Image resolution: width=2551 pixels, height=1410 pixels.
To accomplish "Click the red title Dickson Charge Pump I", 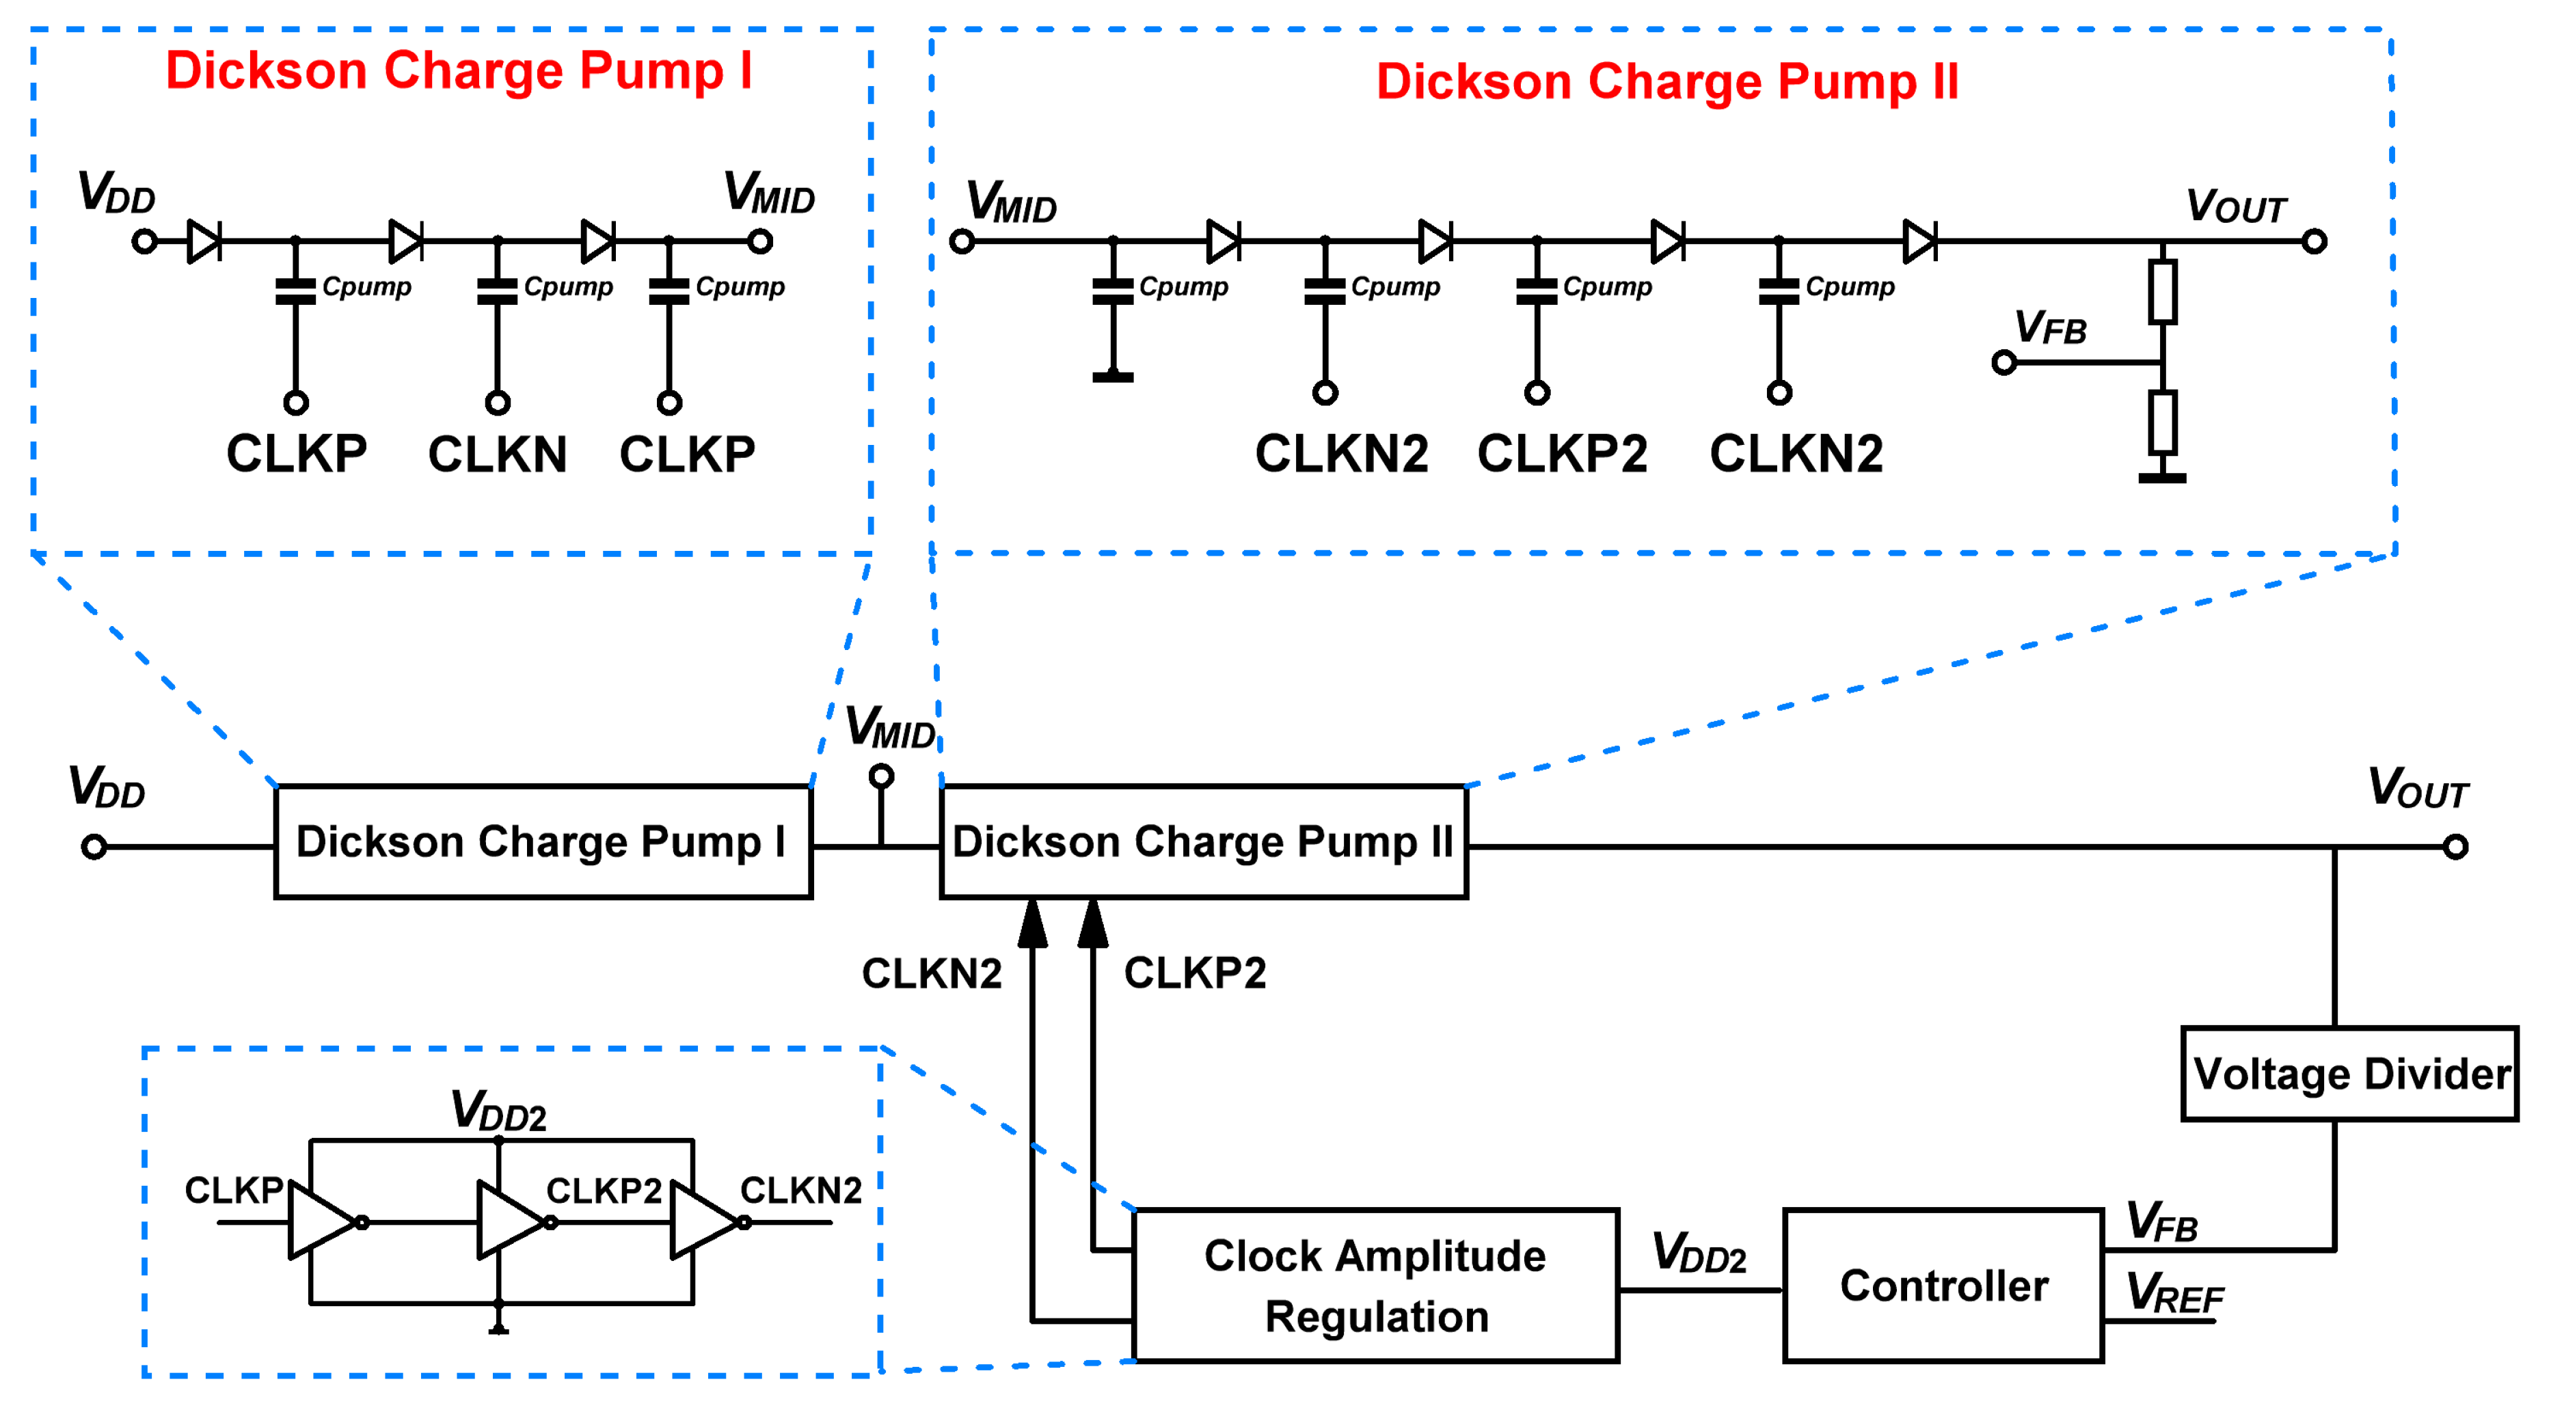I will [459, 71].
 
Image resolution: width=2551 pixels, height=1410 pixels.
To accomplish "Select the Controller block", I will [1942, 1285].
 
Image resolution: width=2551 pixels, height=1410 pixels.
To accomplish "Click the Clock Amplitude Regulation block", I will [1375, 1285].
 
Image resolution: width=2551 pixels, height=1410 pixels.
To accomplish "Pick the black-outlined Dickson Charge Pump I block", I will [543, 841].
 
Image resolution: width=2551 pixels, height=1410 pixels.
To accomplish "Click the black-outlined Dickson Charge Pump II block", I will [1202, 841].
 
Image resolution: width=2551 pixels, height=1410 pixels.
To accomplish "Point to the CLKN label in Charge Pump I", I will [497, 455].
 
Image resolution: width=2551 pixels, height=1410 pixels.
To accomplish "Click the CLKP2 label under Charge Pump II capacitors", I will [1562, 455].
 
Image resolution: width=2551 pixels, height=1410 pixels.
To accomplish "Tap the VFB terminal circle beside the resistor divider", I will [2003, 362].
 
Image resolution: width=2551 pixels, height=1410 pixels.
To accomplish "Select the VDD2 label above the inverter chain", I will [498, 1110].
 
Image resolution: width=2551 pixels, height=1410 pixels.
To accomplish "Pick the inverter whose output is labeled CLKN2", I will [704, 1222].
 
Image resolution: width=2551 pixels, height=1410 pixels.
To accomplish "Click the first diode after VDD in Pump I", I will [204, 241].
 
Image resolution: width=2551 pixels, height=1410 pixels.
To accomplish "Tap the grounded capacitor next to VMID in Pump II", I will [1112, 290].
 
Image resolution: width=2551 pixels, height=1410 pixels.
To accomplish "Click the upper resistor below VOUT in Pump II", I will [2162, 291].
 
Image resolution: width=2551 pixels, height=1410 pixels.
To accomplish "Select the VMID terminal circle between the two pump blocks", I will [880, 776].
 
